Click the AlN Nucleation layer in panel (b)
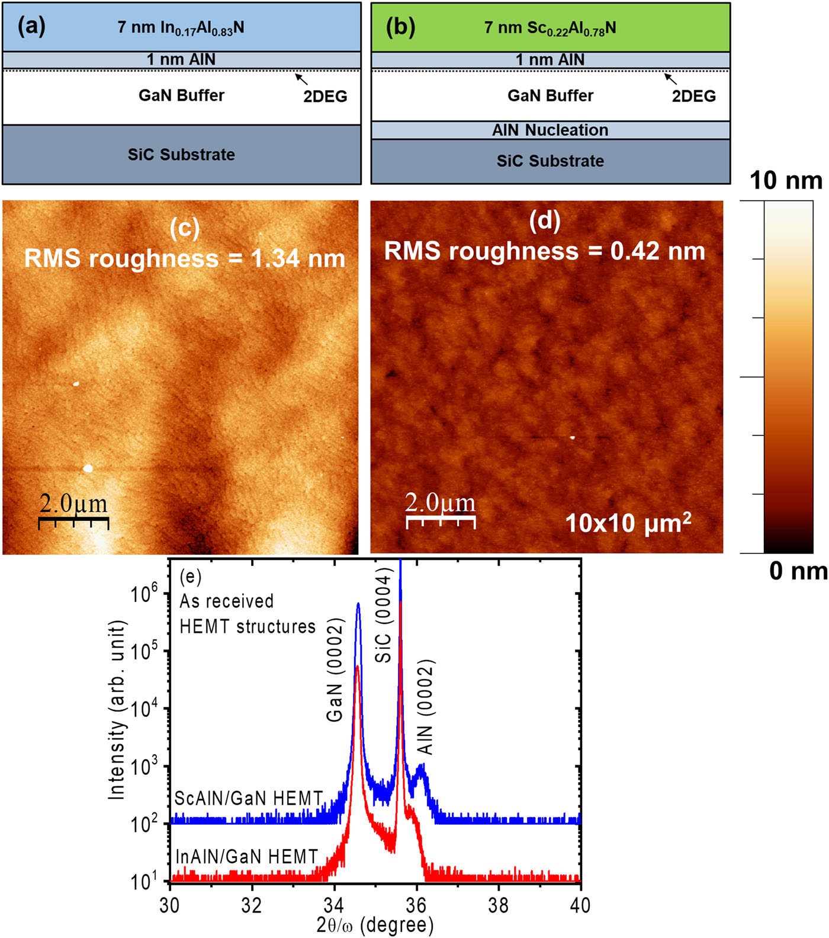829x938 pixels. pos(550,130)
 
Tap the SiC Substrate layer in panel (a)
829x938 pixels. pos(181,155)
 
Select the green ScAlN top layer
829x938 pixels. pos(550,28)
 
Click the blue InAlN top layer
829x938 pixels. pos(181,28)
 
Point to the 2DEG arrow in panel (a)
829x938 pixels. pos(301,79)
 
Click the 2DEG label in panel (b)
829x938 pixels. pos(693,96)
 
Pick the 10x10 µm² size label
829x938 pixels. pos(628,523)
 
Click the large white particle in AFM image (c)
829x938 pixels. pos(88,469)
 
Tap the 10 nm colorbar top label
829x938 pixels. pos(786,181)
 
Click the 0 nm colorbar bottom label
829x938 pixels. pos(798,571)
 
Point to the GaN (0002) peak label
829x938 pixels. pos(335,670)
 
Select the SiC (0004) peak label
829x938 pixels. pos(384,615)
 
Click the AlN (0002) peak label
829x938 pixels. pos(425,707)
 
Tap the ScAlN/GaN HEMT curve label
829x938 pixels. pos(249,798)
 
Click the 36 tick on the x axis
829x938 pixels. pos(416,905)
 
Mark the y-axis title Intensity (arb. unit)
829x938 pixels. pos(117,710)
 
